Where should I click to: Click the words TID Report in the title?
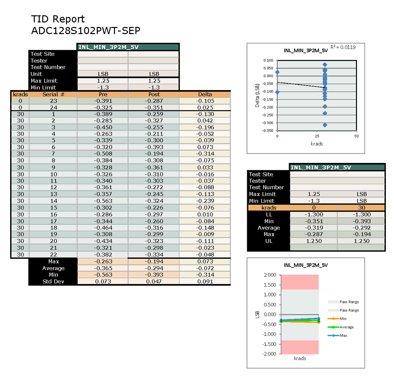pyautogui.click(x=58, y=19)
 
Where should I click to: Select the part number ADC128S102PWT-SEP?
pyautogui.click(x=86, y=31)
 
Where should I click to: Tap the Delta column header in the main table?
pyautogui.click(x=205, y=94)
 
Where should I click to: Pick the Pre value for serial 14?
pyautogui.click(x=103, y=201)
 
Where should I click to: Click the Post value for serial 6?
pyautogui.click(x=154, y=147)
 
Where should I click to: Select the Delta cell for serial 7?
pyautogui.click(x=205, y=154)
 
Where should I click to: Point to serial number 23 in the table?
pyautogui.click(x=54, y=101)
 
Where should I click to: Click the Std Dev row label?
pyautogui.click(x=53, y=281)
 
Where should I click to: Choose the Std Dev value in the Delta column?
pyautogui.click(x=205, y=281)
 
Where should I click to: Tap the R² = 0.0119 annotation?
pyautogui.click(x=343, y=47)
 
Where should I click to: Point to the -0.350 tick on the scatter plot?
pyautogui.click(x=268, y=131)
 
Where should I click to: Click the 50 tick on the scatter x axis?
pyautogui.click(x=356, y=136)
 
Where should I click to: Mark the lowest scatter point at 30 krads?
pyautogui.click(x=325, y=125)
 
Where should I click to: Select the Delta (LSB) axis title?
pyautogui.click(x=257, y=96)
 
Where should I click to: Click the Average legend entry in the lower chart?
pyautogui.click(x=346, y=327)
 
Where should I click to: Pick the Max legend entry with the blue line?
pyautogui.click(x=343, y=336)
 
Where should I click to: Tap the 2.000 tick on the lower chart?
pyautogui.click(x=270, y=275)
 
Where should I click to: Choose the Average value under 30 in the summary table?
pyautogui.click(x=362, y=228)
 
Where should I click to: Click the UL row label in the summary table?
pyautogui.click(x=269, y=241)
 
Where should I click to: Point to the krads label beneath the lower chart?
pyautogui.click(x=300, y=359)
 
